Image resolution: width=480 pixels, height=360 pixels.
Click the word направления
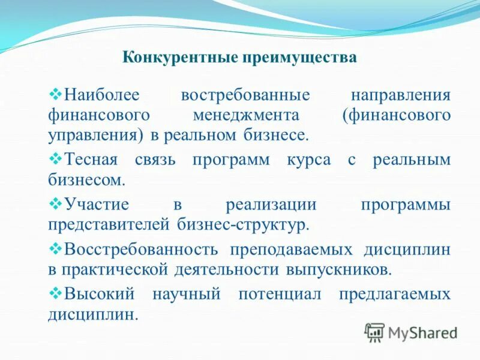coord(400,95)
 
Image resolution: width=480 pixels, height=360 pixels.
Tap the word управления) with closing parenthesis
coord(95,134)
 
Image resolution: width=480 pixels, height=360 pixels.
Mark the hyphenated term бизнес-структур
coord(243,224)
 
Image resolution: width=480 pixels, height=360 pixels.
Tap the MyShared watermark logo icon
coord(374,331)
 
